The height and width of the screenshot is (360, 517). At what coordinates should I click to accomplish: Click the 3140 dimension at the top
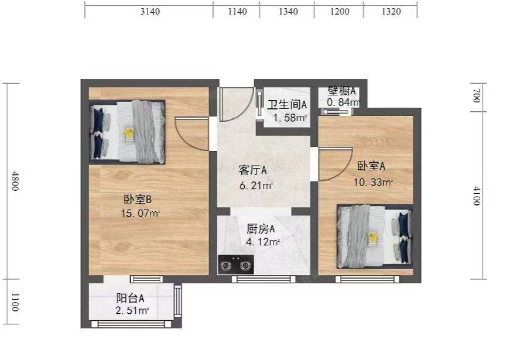150,12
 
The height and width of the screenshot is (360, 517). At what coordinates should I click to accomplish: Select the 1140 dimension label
237,12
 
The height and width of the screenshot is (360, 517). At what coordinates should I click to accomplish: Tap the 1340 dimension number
289,12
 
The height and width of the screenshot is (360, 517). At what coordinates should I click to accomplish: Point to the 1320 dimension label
391,12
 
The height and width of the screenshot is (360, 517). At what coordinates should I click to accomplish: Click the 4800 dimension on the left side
15,181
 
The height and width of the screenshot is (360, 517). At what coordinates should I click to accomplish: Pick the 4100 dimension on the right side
477,196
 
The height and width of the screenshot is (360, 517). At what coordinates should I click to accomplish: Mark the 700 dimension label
477,95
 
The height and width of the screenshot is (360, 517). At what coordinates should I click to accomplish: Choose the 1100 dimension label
15,302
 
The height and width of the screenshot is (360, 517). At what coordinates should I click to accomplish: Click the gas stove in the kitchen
236,265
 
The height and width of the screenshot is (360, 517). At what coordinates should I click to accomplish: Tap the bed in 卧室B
128,132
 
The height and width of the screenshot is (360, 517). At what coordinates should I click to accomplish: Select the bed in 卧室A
375,237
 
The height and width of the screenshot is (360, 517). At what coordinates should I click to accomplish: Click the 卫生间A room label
287,105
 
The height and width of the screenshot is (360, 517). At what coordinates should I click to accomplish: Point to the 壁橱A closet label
341,91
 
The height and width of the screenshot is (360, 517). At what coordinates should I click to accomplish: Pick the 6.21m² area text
256,186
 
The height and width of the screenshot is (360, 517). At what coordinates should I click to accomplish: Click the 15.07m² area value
141,213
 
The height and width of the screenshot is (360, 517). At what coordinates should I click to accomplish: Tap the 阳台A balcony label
130,299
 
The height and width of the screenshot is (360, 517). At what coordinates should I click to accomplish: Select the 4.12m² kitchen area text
263,242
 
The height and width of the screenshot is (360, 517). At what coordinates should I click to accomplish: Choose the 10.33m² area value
373,182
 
